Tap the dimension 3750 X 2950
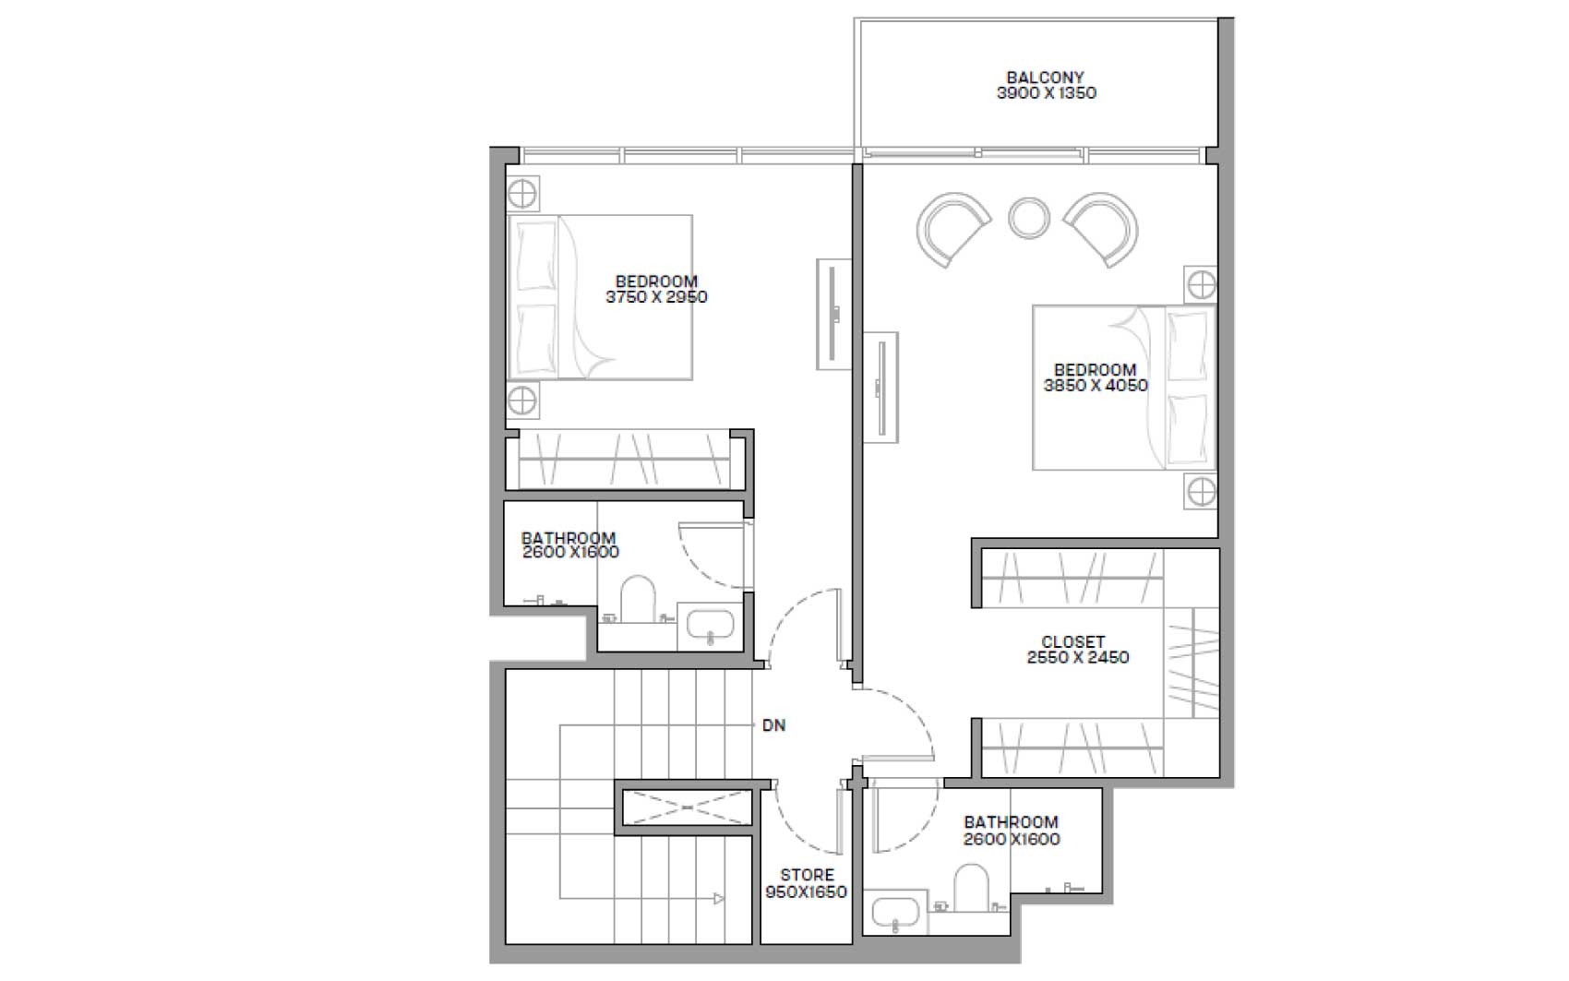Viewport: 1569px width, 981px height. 656,297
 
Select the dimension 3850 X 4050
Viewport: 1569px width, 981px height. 1096,385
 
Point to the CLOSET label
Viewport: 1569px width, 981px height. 1073,641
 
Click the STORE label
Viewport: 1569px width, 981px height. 807,875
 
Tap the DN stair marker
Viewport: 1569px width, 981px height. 774,725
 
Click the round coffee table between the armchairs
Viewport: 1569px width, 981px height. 1029,218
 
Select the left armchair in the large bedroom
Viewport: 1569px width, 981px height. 952,229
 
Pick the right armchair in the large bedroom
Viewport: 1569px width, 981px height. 1101,229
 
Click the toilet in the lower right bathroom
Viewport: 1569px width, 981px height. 971,888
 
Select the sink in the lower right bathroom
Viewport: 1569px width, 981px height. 895,913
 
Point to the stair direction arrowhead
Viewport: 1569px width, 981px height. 719,898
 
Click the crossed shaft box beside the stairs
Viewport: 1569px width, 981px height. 688,808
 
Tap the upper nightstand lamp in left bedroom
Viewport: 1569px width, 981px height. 521,193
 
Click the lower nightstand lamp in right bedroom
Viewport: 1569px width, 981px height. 1202,492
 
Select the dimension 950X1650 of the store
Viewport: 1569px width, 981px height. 807,892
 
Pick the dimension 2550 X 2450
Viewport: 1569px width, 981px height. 1078,657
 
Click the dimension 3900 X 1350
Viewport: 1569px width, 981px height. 1047,93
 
